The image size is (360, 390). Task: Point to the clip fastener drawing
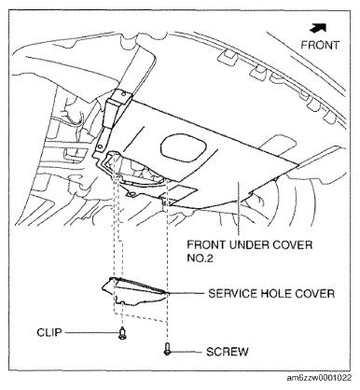(x=122, y=333)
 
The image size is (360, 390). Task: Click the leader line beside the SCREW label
(x=187, y=353)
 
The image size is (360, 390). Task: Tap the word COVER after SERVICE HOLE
(x=311, y=291)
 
